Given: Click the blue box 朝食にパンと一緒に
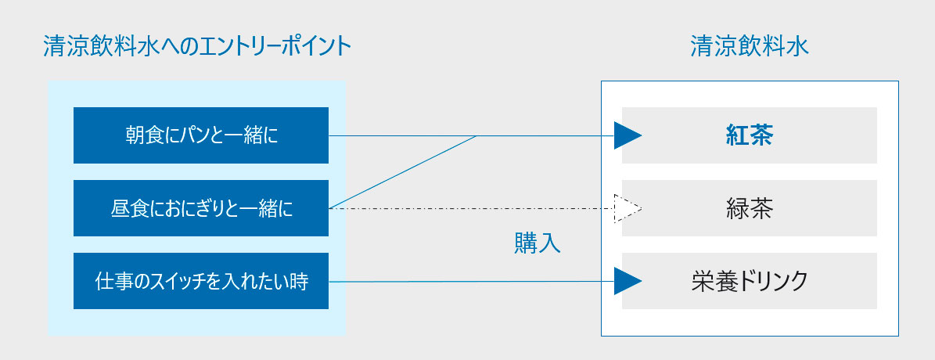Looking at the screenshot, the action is click(201, 135).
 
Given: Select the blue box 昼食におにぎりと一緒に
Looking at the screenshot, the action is click(201, 208).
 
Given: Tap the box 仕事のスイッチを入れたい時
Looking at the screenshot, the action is click(201, 281).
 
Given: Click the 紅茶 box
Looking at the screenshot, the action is click(749, 135).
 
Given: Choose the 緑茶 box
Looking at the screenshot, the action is click(749, 208).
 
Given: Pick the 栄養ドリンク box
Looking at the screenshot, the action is click(749, 281).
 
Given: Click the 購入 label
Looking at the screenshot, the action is click(538, 243).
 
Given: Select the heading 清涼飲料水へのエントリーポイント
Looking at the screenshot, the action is click(197, 46).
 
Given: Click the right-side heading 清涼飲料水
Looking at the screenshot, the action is click(750, 46).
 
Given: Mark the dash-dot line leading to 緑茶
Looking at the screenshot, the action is click(472, 208).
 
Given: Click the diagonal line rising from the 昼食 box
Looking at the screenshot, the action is click(402, 171).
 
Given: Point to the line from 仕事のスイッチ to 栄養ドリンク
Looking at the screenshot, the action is click(472, 281).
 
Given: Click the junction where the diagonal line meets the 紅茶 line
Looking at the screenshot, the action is click(477, 135).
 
